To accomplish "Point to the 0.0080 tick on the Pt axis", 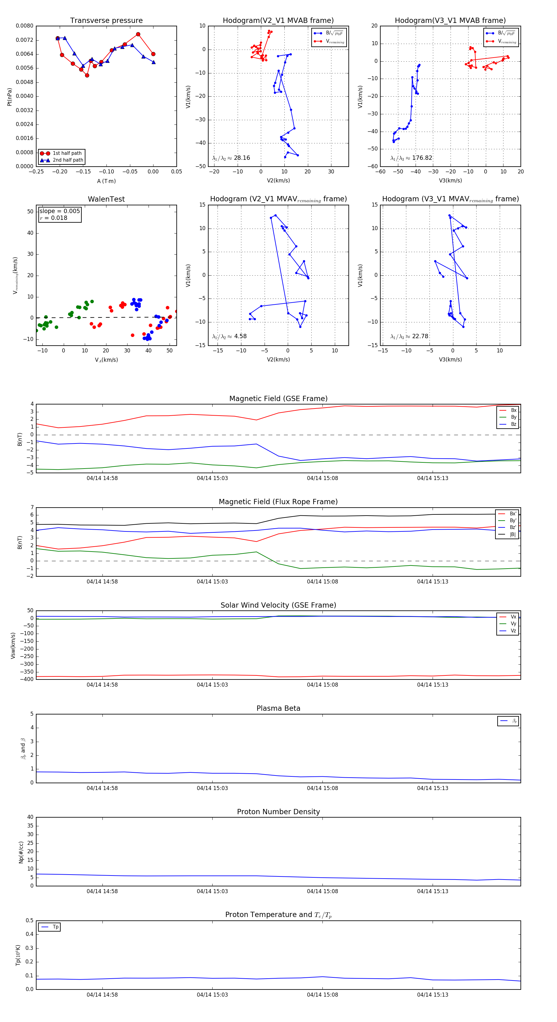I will point(24,26).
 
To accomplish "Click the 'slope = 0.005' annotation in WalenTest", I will point(59,211).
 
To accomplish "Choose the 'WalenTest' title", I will point(106,199).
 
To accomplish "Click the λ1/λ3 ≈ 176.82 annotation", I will point(411,158).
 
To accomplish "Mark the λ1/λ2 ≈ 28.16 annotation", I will point(231,158).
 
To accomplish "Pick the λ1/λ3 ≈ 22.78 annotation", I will point(409,336).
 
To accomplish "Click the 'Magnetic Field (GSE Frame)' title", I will point(278,399).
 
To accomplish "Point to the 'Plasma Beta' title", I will point(278,708).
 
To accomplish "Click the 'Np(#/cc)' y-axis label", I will point(21,852).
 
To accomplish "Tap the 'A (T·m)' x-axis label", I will point(106,181).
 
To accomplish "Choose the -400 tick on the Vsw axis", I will point(28,679).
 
